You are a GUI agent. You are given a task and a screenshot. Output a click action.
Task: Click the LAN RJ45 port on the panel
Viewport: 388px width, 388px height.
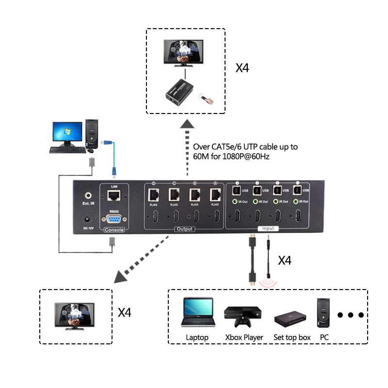114,196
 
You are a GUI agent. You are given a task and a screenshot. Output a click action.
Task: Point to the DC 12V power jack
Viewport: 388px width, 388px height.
89,218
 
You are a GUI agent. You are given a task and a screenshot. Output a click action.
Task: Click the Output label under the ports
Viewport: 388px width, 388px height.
184,229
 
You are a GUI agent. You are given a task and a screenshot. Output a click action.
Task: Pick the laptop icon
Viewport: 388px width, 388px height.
197,313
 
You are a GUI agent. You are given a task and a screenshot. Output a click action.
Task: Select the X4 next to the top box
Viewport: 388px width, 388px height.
242,67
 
